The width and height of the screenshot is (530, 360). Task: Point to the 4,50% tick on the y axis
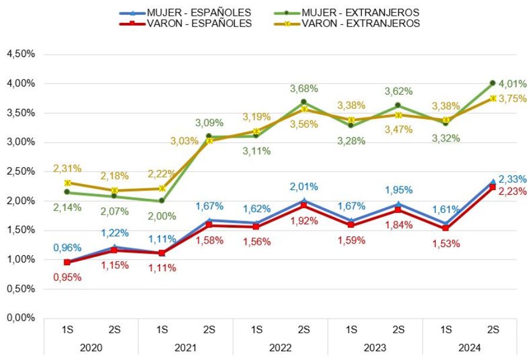21,54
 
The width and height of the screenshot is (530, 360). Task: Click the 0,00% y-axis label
21,318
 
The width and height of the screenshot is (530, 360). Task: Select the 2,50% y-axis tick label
21,171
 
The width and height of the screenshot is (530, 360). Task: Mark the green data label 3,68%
304,88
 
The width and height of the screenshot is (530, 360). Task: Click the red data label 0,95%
67,277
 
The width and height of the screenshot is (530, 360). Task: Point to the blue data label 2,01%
304,186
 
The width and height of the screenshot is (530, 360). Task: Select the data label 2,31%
67,168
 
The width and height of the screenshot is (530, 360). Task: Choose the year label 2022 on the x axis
280,348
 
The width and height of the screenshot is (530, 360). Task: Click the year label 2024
469,348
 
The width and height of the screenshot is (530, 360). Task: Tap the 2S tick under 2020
114,330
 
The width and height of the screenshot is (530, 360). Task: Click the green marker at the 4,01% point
493,83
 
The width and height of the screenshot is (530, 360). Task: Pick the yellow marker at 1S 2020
68,183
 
